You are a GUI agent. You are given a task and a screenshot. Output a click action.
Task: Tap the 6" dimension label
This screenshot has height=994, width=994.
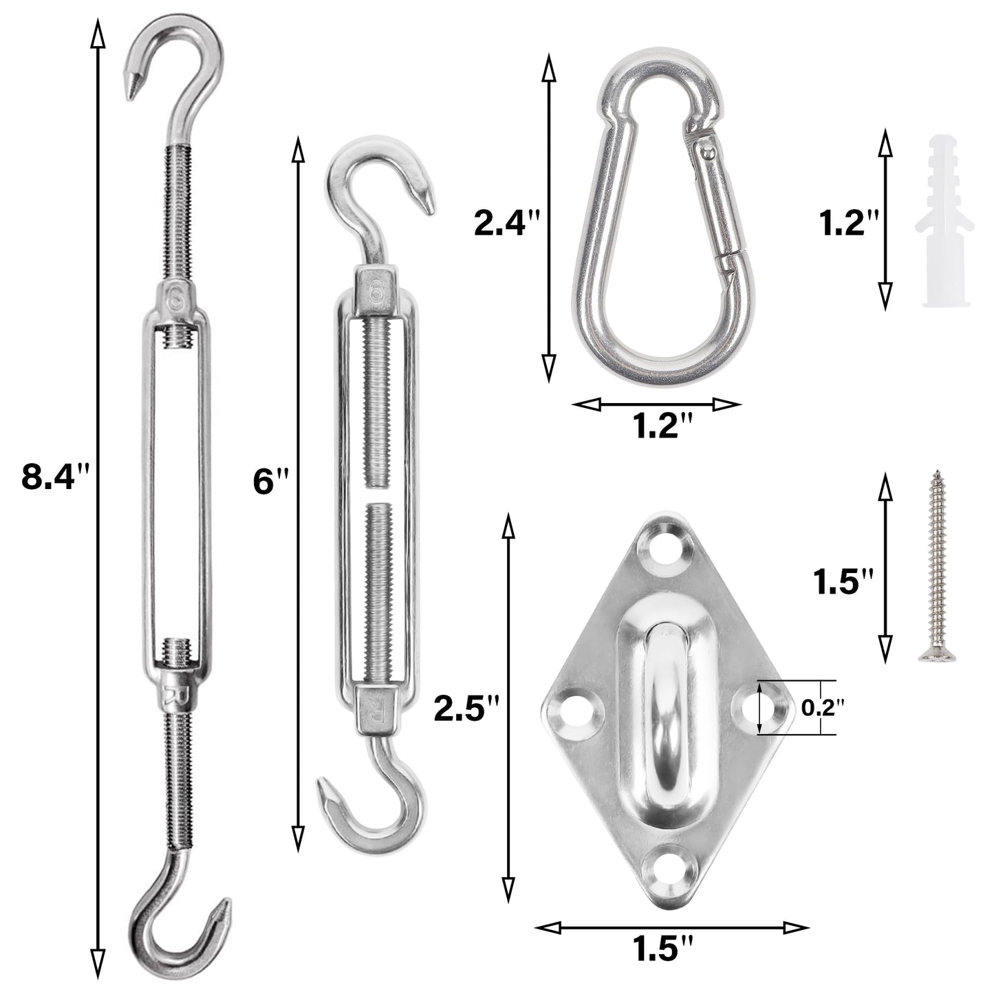coord(270,482)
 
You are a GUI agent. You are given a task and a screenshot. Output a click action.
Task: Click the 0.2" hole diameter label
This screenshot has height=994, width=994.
coord(823,708)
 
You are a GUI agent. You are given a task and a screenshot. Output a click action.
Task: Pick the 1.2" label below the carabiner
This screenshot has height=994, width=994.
coord(662,426)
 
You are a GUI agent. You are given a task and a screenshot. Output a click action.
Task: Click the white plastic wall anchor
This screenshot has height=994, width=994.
coord(944,221)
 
